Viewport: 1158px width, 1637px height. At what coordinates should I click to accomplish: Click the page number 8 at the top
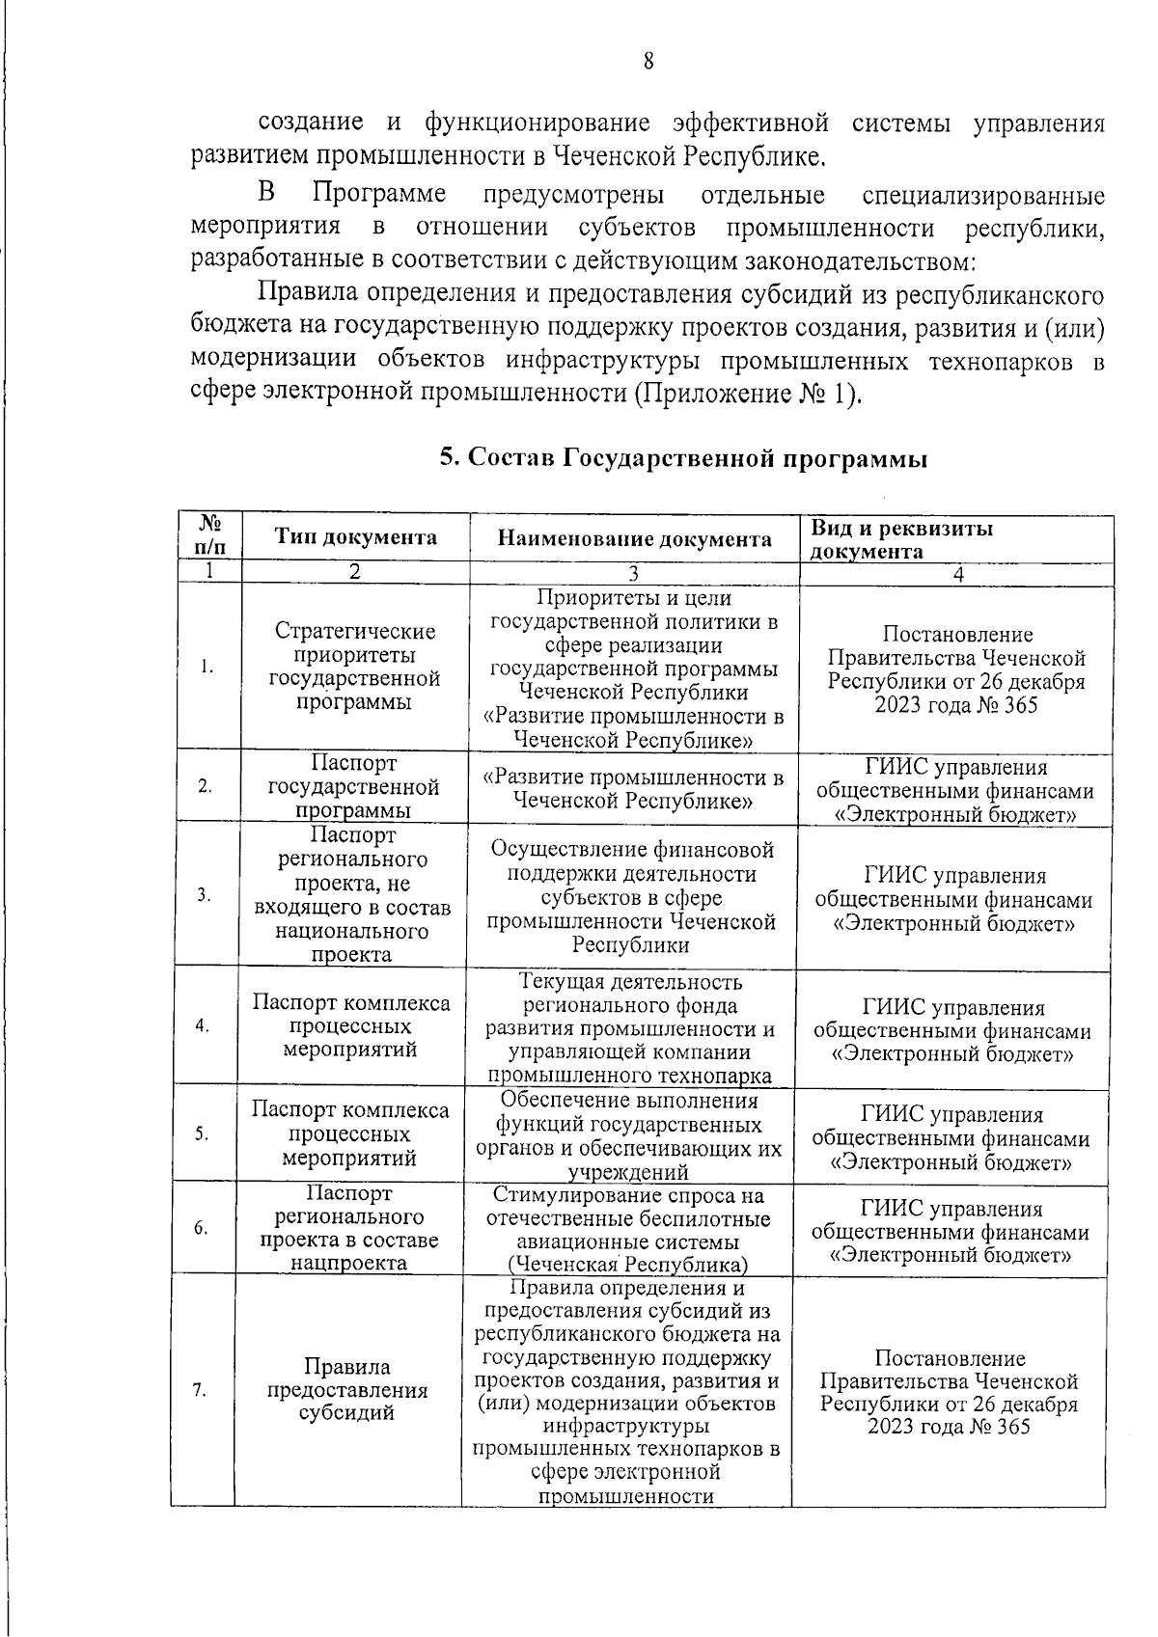coord(648,62)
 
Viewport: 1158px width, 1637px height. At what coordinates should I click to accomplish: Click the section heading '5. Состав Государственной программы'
coord(683,459)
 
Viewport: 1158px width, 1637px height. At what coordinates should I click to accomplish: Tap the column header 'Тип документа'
coord(355,538)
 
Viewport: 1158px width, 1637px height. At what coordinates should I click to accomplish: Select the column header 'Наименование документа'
coord(634,539)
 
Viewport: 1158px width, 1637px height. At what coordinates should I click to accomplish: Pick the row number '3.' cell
coord(205,894)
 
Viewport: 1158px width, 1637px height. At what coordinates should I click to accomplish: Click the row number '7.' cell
coord(201,1390)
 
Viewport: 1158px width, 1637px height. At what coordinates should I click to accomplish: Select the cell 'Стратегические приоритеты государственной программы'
coord(354,667)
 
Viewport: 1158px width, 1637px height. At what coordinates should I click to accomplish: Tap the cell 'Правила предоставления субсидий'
coord(346,1390)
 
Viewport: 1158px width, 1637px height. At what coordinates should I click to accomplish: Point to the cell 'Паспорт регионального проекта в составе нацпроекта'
coord(349,1229)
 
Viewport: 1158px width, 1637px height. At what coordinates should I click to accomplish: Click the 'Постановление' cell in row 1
coord(956,669)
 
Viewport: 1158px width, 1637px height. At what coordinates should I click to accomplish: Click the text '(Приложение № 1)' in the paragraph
coord(747,395)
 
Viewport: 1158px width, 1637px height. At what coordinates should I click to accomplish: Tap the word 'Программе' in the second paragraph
coord(380,195)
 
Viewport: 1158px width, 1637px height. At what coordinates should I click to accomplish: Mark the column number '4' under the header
coord(957,573)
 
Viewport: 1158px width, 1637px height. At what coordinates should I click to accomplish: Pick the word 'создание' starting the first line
coord(311,123)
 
